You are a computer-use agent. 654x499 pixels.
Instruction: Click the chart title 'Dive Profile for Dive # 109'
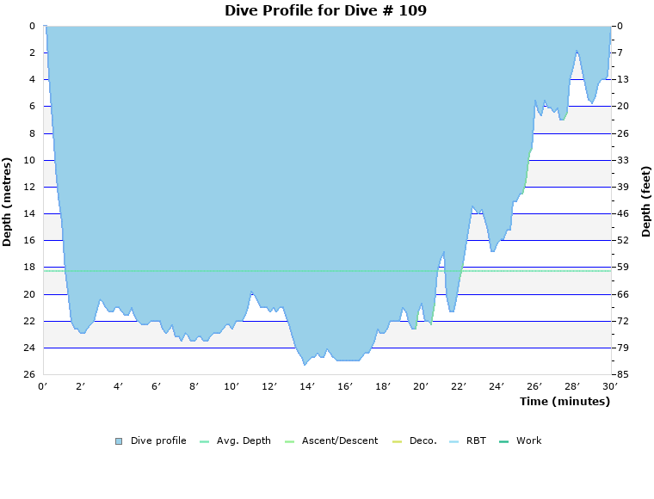[325, 11]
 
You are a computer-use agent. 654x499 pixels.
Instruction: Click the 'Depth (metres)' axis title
[8, 201]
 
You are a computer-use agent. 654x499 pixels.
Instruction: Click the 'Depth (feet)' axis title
[646, 201]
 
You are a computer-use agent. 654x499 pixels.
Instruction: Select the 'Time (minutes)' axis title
[565, 402]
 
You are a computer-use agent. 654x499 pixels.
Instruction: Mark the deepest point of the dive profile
[305, 365]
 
